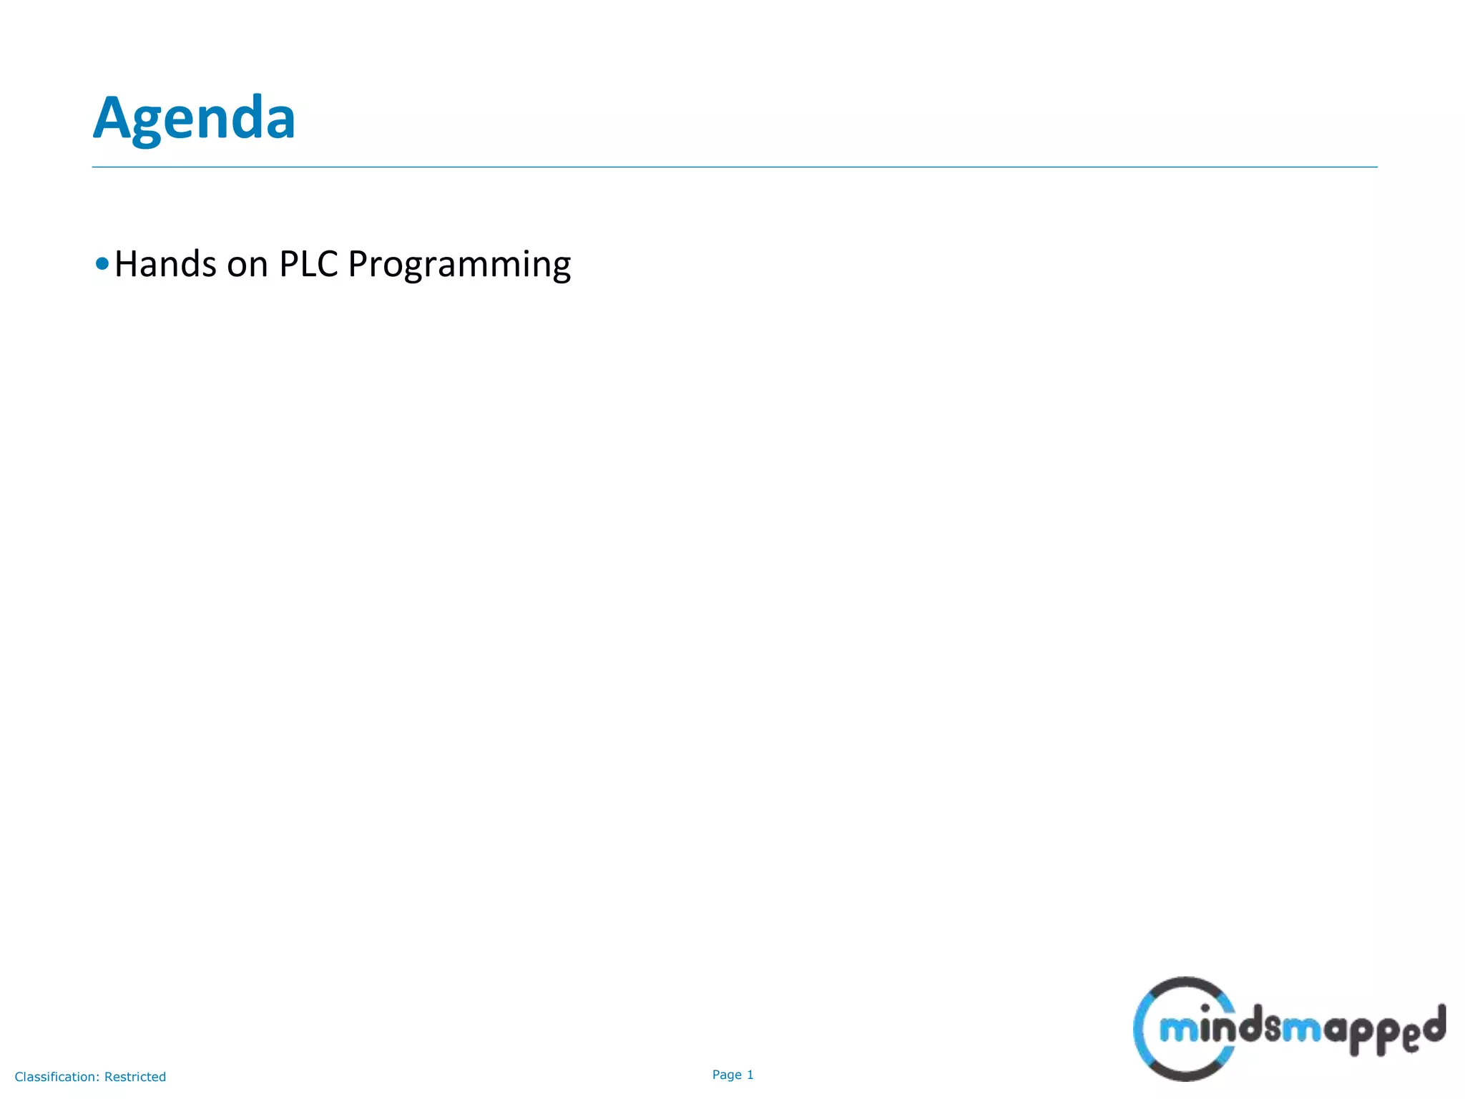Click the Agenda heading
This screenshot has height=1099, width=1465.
point(194,118)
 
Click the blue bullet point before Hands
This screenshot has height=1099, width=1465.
point(102,264)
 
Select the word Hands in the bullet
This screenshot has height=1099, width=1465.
point(165,264)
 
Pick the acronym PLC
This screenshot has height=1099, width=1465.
point(308,264)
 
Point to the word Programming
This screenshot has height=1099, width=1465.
point(459,265)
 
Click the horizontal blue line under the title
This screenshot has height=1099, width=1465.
point(734,167)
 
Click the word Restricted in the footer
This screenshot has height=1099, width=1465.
point(135,1077)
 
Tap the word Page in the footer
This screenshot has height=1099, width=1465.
point(727,1075)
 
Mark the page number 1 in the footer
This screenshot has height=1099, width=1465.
point(750,1075)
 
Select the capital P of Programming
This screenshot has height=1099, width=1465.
point(357,264)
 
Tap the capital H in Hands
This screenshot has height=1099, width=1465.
point(126,264)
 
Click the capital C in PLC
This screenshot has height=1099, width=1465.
point(328,264)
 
